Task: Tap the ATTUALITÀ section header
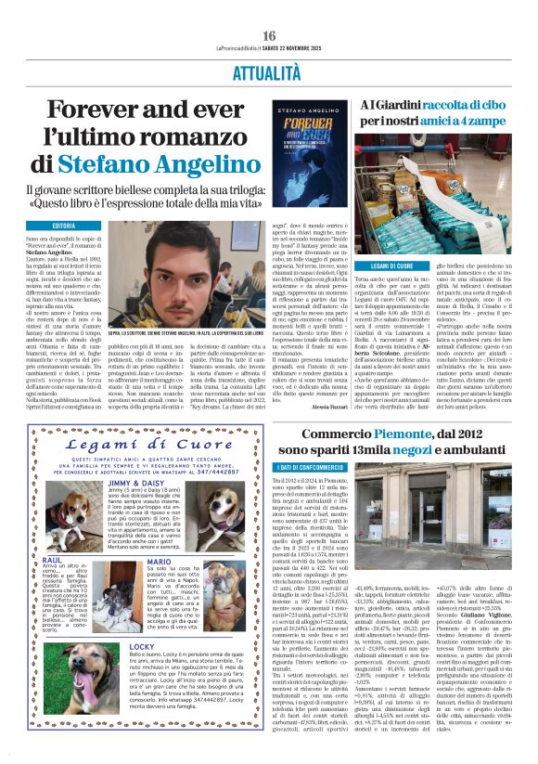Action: [x=269, y=71]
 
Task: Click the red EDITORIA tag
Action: [x=64, y=226]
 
